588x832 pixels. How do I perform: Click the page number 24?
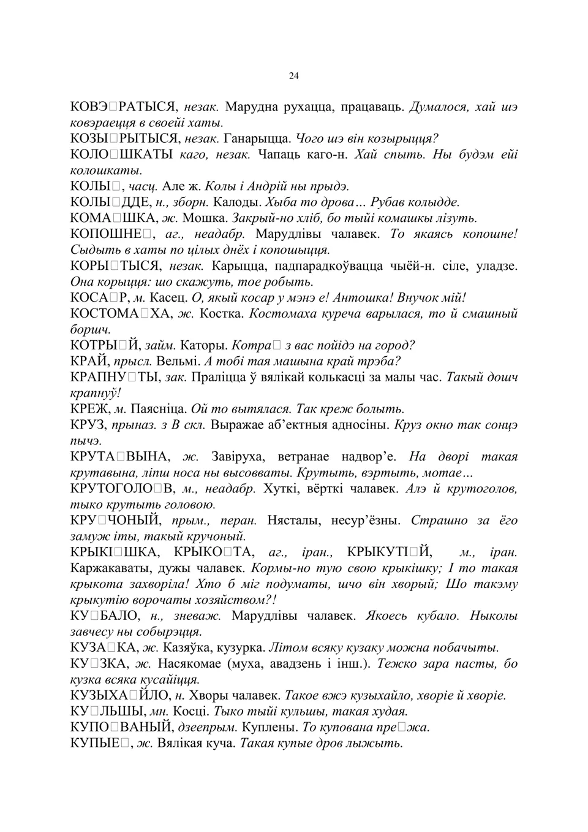[x=293, y=76]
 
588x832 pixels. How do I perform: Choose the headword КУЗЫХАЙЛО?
[x=121, y=697]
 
